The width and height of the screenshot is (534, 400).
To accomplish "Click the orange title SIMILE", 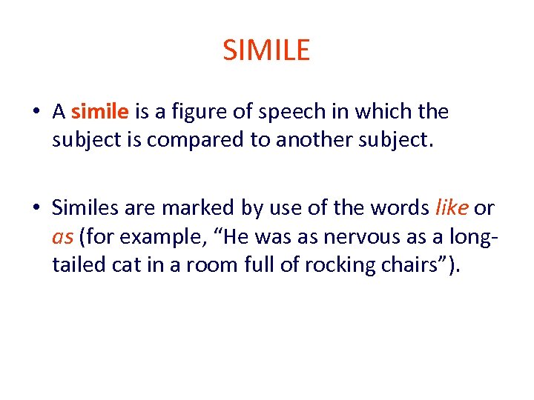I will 266,50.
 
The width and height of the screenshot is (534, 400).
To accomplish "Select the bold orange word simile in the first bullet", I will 100,112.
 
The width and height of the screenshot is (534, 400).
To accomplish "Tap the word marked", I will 193,209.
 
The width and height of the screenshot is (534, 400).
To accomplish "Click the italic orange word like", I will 451,209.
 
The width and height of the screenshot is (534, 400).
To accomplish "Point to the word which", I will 373,113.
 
